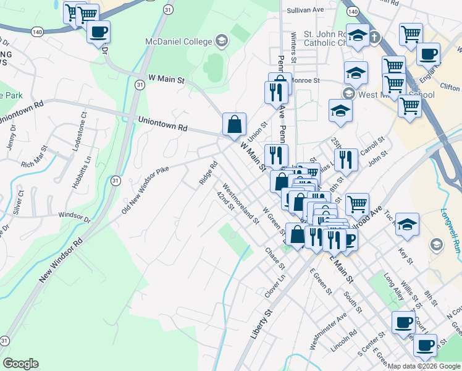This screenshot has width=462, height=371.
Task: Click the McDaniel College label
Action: (x=179, y=42)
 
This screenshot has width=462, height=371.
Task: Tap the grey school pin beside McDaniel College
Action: (x=221, y=42)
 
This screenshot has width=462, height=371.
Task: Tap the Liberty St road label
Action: (x=262, y=323)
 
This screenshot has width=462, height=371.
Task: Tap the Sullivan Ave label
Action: (x=305, y=11)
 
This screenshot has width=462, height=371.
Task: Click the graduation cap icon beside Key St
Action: (x=407, y=224)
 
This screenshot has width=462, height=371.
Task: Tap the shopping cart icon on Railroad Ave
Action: (x=357, y=204)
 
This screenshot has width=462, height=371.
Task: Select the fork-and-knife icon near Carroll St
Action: (x=346, y=160)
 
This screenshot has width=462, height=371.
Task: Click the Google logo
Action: (x=20, y=364)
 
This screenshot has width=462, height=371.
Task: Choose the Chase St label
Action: (x=275, y=258)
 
